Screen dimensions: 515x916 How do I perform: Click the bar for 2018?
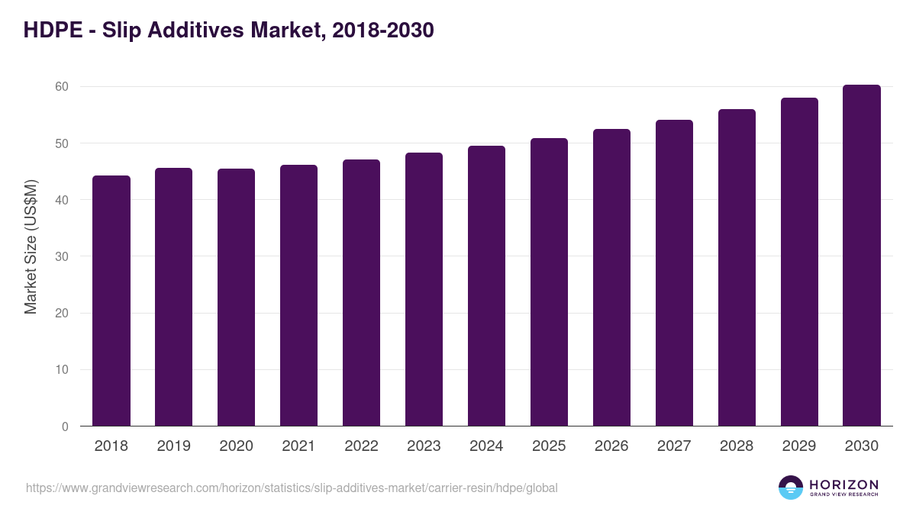pyautogui.click(x=111, y=301)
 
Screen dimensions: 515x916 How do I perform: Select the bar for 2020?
pyautogui.click(x=237, y=298)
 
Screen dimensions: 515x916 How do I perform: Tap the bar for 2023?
pyautogui.click(x=424, y=289)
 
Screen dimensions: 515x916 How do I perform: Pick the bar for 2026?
pyautogui.click(x=611, y=278)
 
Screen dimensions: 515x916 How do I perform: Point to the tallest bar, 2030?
pyautogui.click(x=862, y=256)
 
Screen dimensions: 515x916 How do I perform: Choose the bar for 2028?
pyautogui.click(x=737, y=268)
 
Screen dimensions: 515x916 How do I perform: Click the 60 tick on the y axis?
pyautogui.click(x=62, y=87)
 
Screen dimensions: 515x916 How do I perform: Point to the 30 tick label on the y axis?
pyautogui.click(x=62, y=256)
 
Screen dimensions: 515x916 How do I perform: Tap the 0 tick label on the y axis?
pyautogui.click(x=65, y=426)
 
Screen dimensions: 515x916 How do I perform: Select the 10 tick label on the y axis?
pyautogui.click(x=62, y=370)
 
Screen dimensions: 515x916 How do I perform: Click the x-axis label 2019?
pyautogui.click(x=174, y=446)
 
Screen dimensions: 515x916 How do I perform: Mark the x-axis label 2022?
pyautogui.click(x=361, y=446)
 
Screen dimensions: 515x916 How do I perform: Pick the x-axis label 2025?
pyautogui.click(x=549, y=446)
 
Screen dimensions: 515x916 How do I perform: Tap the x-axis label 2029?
pyautogui.click(x=799, y=446)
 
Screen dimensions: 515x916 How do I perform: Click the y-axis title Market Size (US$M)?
pyautogui.click(x=31, y=246)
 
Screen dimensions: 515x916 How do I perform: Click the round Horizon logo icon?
pyautogui.click(x=791, y=488)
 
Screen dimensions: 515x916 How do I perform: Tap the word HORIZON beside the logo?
pyautogui.click(x=843, y=484)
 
